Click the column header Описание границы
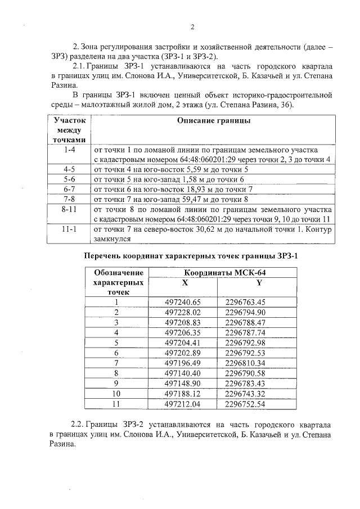(x=214, y=120)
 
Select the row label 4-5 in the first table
(x=70, y=169)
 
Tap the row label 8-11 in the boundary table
(x=70, y=209)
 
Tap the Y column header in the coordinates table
(x=259, y=282)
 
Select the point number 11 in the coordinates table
(x=117, y=403)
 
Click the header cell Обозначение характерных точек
(x=117, y=282)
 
